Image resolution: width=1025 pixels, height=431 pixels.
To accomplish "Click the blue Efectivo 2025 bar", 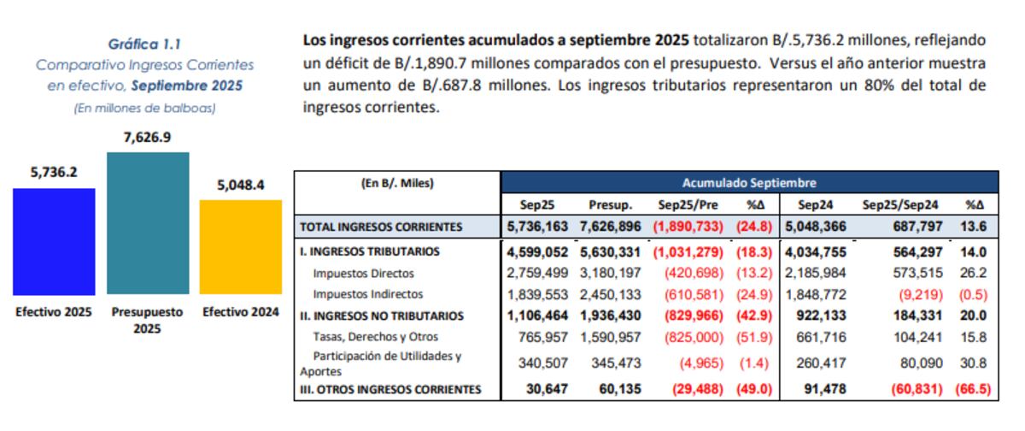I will point(54,242).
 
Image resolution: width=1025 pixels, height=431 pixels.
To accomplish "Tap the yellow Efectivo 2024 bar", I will point(240,248).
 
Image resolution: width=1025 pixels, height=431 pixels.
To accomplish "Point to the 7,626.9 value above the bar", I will point(147,137).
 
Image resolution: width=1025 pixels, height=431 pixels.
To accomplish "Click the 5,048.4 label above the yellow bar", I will point(240,184).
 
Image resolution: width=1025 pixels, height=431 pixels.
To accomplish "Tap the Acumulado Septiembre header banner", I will point(749,182).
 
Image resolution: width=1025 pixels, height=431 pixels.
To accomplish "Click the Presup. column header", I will point(609,205).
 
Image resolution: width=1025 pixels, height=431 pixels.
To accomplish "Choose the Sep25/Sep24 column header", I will point(900,205).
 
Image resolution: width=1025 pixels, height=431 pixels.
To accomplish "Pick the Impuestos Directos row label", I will point(364,274).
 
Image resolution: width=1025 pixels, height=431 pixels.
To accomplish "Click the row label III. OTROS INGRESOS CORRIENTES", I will point(390,389).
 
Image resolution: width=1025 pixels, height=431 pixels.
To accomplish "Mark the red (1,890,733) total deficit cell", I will point(688,227).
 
